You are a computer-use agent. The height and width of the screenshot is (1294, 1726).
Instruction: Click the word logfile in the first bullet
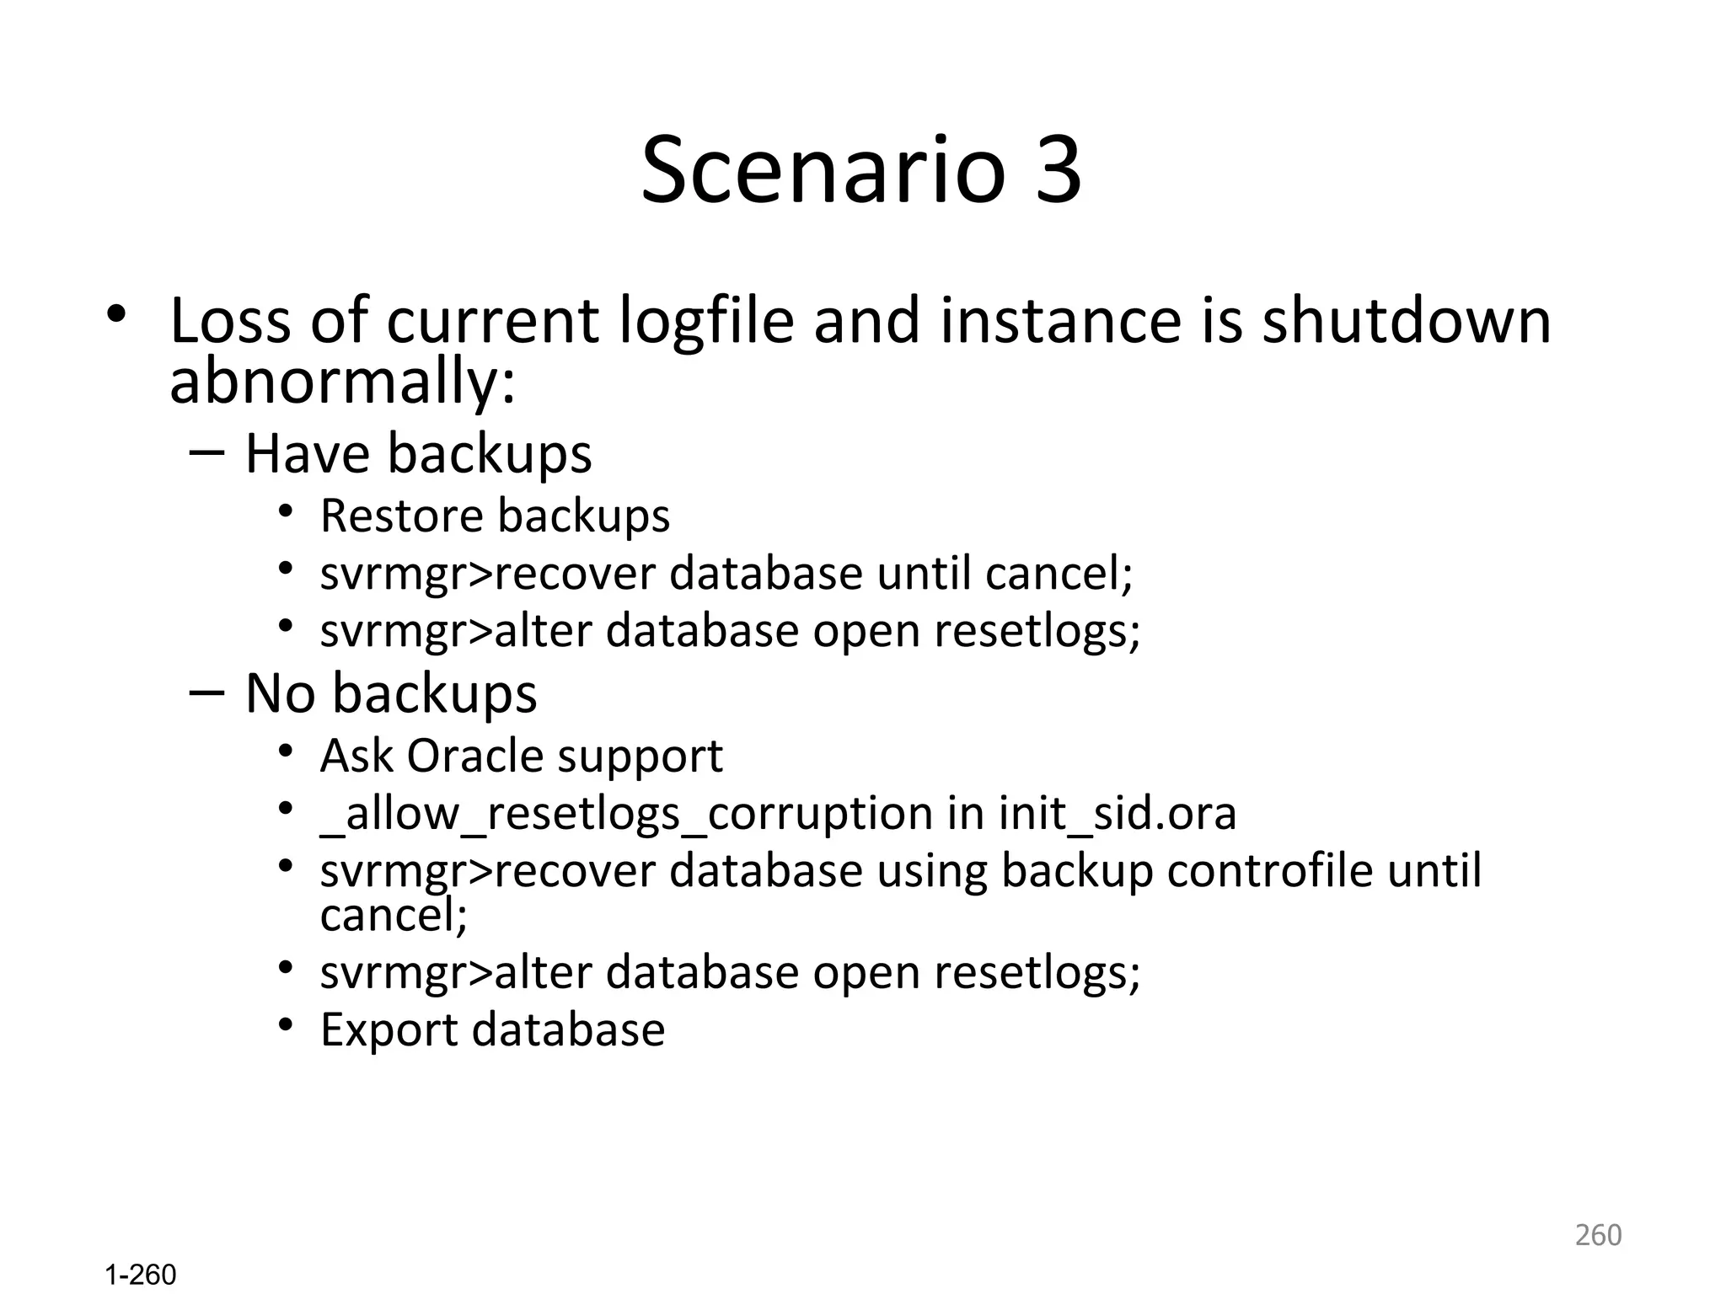click(706, 322)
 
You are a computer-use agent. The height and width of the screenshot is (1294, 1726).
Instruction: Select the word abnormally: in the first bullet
click(342, 383)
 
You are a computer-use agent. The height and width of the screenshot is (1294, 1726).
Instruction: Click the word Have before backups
click(307, 454)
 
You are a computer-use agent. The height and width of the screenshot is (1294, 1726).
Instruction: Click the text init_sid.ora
click(1118, 814)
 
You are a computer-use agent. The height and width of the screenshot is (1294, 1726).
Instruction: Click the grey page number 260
click(1598, 1235)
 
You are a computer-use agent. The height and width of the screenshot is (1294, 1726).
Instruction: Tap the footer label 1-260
click(141, 1275)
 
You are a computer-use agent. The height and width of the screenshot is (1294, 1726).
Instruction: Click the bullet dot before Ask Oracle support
click(286, 750)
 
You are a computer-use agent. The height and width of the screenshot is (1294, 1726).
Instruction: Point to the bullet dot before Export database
click(286, 1024)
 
